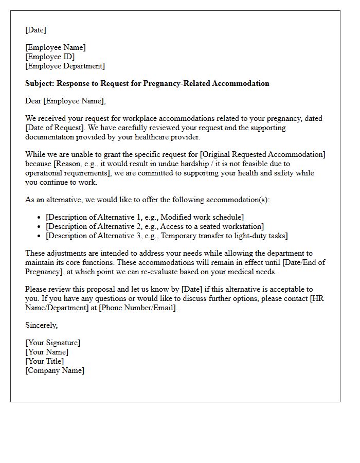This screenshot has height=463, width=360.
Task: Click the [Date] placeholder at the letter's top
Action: coord(35,30)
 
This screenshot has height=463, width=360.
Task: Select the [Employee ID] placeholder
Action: coord(50,57)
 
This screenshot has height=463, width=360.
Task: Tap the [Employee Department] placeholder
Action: coord(65,66)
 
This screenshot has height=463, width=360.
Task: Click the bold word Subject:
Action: coord(40,83)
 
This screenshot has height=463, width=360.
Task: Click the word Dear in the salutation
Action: coord(33,101)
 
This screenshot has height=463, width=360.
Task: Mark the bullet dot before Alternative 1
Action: coord(39,218)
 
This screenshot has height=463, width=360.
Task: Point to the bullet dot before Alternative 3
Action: coord(39,236)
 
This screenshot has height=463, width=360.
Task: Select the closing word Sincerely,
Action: coord(41,325)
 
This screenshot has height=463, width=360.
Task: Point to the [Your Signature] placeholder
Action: coord(52,343)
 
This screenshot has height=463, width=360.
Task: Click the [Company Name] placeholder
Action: coord(55,370)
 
